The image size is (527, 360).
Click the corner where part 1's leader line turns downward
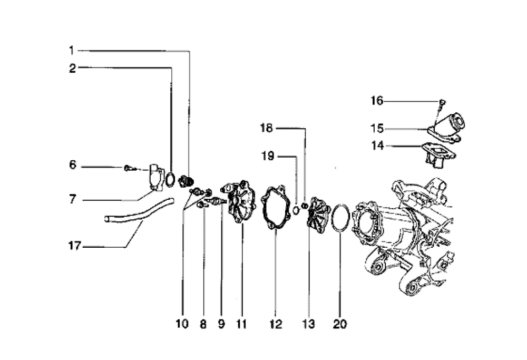[x=189, y=52]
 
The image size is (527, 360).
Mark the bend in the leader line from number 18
[x=305, y=129]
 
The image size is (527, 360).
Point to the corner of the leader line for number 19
[x=296, y=157]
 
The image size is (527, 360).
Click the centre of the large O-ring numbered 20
[x=340, y=218]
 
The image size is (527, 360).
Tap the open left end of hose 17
[x=106, y=219]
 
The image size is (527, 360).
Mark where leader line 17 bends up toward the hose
[x=126, y=247]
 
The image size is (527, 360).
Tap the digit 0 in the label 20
[x=343, y=324]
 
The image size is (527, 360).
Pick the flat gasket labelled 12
[x=276, y=208]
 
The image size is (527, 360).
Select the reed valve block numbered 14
[x=438, y=154]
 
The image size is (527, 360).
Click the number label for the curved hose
[x=75, y=246]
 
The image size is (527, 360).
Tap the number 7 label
[x=73, y=199]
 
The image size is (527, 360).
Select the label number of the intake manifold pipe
[x=377, y=129]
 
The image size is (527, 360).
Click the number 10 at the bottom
[x=182, y=324]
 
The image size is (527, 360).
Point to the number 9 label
[x=221, y=324]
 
